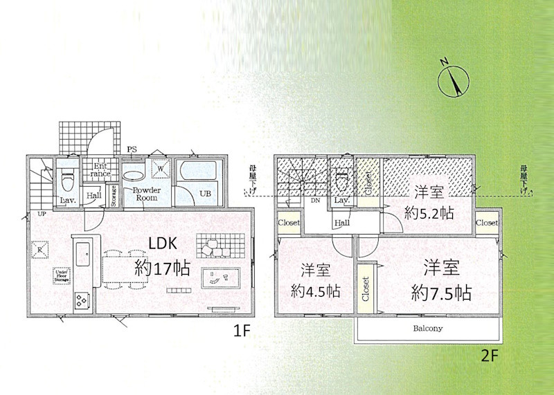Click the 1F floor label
[240, 331]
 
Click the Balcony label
[428, 329]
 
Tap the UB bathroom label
[205, 194]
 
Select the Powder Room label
[146, 194]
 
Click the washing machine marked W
[159, 168]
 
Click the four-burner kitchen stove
[80, 300]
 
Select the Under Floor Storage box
[62, 277]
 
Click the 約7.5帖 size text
[441, 293]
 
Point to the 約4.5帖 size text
[316, 291]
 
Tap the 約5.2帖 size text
[429, 213]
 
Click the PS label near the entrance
[132, 149]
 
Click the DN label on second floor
[315, 202]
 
